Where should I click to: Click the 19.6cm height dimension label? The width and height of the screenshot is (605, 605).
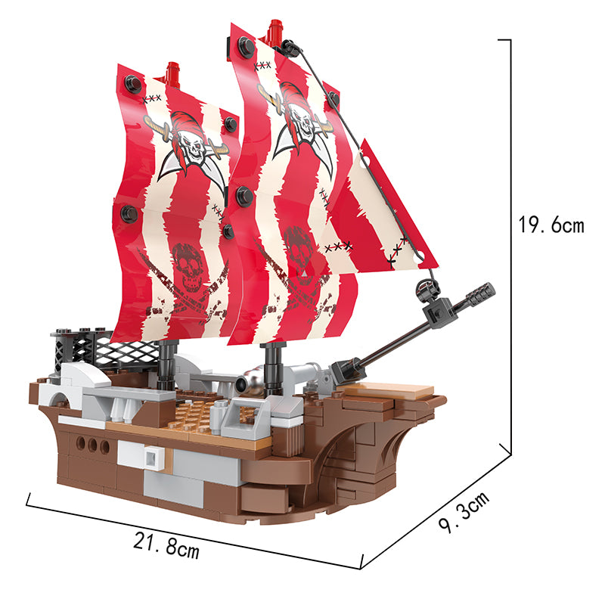551,225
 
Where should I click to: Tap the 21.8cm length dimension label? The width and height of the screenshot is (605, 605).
166,545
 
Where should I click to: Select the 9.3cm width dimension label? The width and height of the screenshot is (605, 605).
464,513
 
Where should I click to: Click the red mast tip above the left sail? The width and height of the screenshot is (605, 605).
172,73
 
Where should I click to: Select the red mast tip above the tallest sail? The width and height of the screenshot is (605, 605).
276,30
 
